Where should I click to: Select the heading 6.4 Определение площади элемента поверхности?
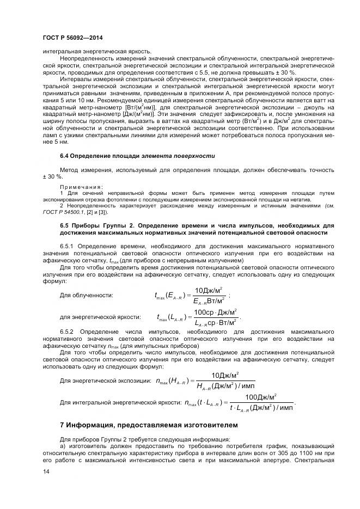pos(137,156)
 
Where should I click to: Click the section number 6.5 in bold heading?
pos(65,225)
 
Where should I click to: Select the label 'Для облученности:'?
pos(86,295)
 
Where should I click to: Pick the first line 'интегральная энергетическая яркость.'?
pos(96,51)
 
